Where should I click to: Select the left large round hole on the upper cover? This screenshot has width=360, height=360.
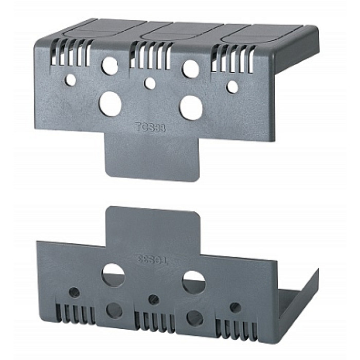click(111, 103)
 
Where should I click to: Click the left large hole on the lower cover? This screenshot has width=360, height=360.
click(113, 275)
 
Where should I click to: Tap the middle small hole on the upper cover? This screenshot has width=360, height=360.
click(150, 83)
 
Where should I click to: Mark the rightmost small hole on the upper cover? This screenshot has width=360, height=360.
click(232, 87)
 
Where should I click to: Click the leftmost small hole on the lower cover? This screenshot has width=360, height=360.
click(75, 292)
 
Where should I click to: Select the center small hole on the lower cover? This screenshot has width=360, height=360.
click(153, 299)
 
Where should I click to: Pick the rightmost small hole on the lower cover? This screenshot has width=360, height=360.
click(235, 307)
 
